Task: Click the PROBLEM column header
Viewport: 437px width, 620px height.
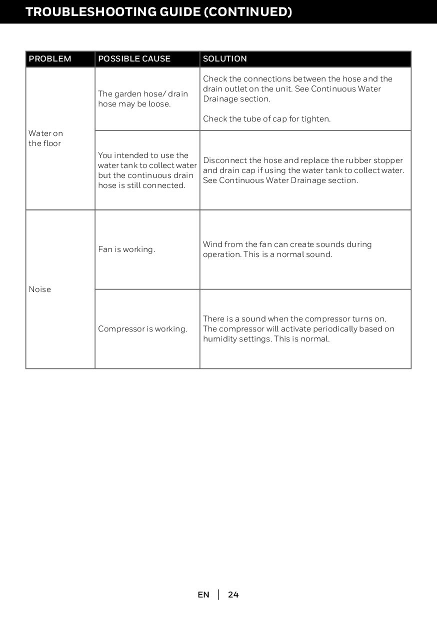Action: pyautogui.click(x=50, y=59)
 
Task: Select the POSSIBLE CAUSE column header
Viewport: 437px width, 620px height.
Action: pyautogui.click(x=134, y=59)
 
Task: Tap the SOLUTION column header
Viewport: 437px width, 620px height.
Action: pyautogui.click(x=225, y=59)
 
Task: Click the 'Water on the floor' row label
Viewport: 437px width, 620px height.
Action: pyautogui.click(x=45, y=138)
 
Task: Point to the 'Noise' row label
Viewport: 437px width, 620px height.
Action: pyautogui.click(x=40, y=289)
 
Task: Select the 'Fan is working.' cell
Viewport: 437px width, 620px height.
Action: pyautogui.click(x=126, y=249)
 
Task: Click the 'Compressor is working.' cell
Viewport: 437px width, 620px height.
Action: pyautogui.click(x=142, y=329)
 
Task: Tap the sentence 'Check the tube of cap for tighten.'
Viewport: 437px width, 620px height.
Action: pyautogui.click(x=266, y=119)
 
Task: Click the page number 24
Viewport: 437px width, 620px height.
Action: pyautogui.click(x=233, y=595)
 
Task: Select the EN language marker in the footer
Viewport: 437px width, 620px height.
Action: pyautogui.click(x=203, y=595)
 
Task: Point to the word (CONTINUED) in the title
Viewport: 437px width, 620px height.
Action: pyautogui.click(x=247, y=11)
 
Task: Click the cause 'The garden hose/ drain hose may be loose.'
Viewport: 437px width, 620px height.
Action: pyautogui.click(x=143, y=99)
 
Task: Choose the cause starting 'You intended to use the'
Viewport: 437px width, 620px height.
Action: pyautogui.click(x=147, y=170)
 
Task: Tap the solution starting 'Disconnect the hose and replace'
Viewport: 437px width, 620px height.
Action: pyautogui.click(x=303, y=170)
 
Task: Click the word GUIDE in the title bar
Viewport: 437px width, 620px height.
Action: pyautogui.click(x=175, y=11)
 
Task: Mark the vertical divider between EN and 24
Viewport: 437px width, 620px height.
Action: pyautogui.click(x=218, y=595)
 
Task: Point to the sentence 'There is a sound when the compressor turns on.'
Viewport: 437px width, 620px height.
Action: pyautogui.click(x=294, y=319)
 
